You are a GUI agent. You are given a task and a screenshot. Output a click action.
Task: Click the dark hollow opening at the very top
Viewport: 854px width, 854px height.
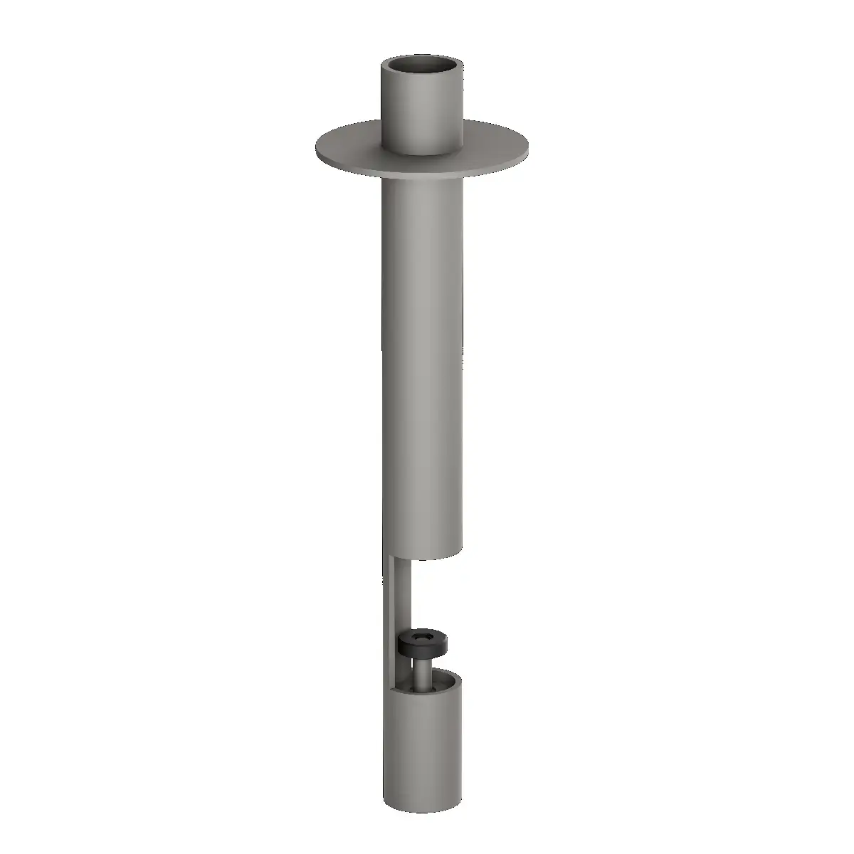(x=422, y=67)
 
